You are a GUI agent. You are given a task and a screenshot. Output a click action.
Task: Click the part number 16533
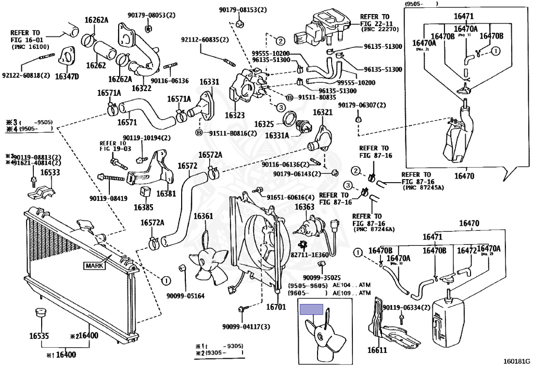tap(50, 172)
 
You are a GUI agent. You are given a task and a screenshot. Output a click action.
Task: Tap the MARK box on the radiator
tap(95, 265)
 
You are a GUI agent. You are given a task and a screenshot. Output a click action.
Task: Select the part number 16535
tap(39, 336)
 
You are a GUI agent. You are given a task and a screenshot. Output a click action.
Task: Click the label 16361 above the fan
tap(204, 216)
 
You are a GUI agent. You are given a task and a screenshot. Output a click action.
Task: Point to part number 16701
tap(276, 308)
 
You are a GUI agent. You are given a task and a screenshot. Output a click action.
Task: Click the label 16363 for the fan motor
tap(304, 207)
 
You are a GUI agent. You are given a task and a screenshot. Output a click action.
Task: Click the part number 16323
tap(235, 115)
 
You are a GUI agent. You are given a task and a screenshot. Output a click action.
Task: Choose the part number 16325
tap(264, 125)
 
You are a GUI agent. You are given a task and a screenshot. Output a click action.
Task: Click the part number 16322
tap(142, 88)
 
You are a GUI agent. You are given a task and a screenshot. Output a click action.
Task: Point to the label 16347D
tap(67, 77)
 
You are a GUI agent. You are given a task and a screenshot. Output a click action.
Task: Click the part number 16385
tap(144, 207)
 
